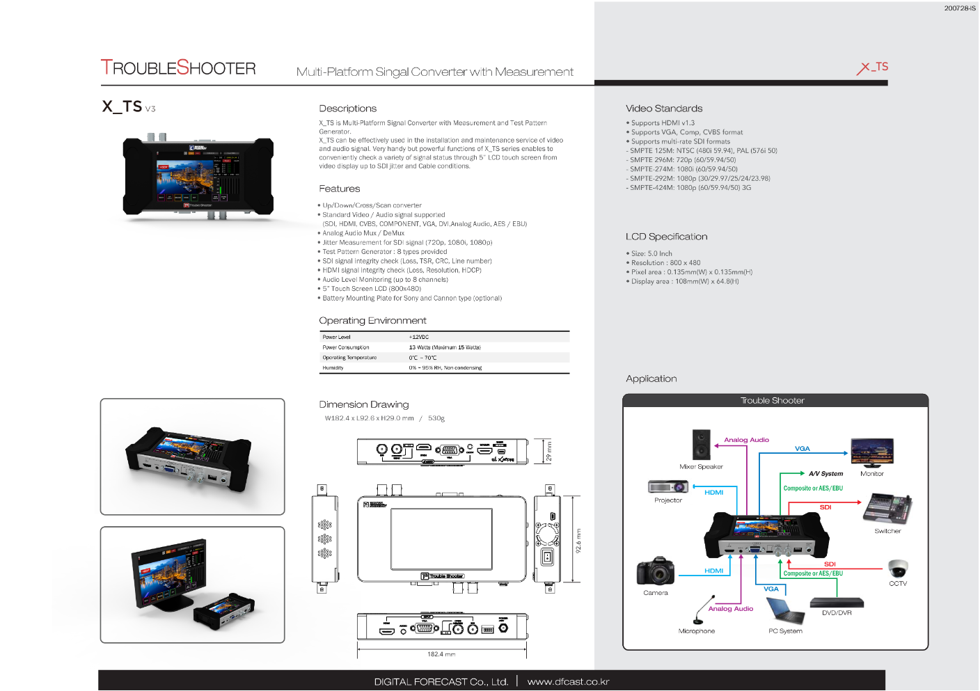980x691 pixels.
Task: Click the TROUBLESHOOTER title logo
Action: (178, 67)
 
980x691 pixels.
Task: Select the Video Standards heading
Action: (664, 109)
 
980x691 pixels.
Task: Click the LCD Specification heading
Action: (666, 237)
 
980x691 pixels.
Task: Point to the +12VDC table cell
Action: (419, 337)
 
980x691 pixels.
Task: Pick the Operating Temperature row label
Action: (349, 358)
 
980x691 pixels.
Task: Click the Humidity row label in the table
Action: (333, 368)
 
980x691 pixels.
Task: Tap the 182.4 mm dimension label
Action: (441, 654)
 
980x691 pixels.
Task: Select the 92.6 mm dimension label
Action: (578, 540)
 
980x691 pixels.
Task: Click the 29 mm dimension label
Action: (548, 451)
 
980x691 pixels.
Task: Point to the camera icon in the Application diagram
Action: (655, 571)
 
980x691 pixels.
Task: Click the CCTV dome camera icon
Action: (898, 568)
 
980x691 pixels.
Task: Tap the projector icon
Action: (668, 487)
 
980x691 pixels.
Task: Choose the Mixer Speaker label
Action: (701, 467)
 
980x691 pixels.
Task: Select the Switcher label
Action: (887, 531)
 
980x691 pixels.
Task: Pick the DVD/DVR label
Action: (837, 613)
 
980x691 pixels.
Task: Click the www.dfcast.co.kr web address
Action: (568, 682)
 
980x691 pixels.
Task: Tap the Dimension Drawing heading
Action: (364, 404)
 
